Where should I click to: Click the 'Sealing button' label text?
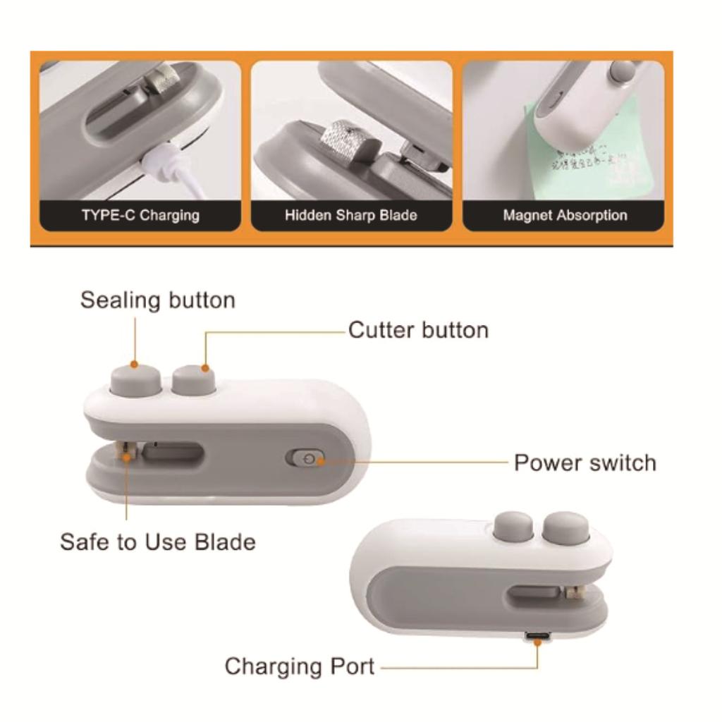click(x=157, y=300)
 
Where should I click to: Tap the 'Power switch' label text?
click(x=585, y=463)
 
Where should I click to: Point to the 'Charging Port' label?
click(x=299, y=666)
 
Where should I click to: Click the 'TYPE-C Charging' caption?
click(x=140, y=215)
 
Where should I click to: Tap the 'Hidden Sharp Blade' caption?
click(x=350, y=215)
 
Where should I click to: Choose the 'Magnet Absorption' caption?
click(x=564, y=215)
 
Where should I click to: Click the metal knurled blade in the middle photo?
click(x=341, y=138)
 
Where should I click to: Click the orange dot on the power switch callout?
click(x=320, y=462)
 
